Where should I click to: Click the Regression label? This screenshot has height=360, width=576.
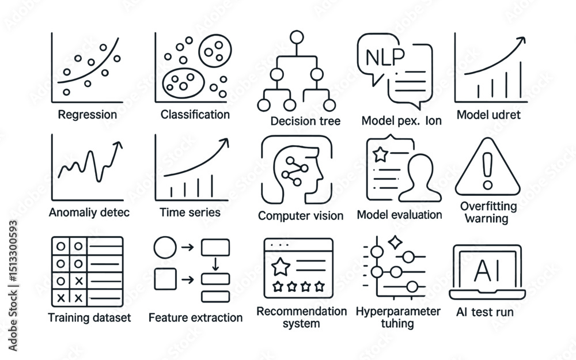click(x=88, y=115)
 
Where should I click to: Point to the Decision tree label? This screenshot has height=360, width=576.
click(x=305, y=121)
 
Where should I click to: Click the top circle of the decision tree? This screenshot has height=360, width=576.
click(x=297, y=38)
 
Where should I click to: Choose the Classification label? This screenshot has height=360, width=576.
click(x=195, y=115)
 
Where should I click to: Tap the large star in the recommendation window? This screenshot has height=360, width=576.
click(x=281, y=267)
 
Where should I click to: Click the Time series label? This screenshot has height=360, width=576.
click(x=190, y=212)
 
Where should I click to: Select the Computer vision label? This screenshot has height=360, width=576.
click(x=301, y=216)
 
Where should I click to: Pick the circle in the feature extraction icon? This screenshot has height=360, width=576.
click(x=165, y=248)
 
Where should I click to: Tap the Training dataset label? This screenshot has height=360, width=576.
click(x=89, y=317)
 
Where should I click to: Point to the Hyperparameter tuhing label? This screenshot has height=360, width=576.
click(x=398, y=317)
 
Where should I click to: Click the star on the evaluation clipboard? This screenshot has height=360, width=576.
click(x=380, y=154)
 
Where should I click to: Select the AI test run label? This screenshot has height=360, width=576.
click(x=484, y=313)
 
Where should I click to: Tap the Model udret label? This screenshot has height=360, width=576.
click(x=488, y=115)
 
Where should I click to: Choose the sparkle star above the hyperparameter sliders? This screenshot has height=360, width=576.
click(x=395, y=242)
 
